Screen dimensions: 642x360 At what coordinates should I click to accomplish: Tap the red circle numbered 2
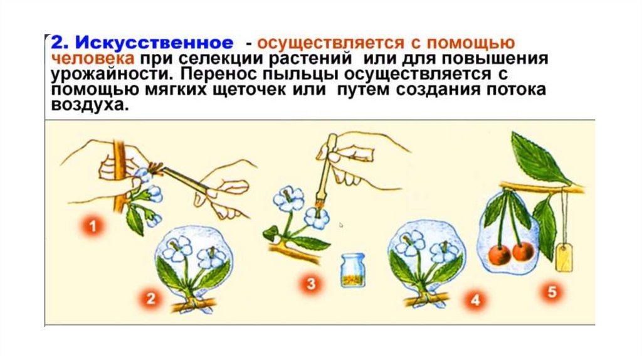click(150, 299)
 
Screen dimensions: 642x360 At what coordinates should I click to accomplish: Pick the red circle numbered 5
click(554, 292)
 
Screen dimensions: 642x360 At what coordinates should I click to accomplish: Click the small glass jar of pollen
click(352, 270)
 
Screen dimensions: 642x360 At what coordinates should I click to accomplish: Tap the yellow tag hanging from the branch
click(566, 257)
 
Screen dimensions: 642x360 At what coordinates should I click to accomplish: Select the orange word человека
click(95, 59)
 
